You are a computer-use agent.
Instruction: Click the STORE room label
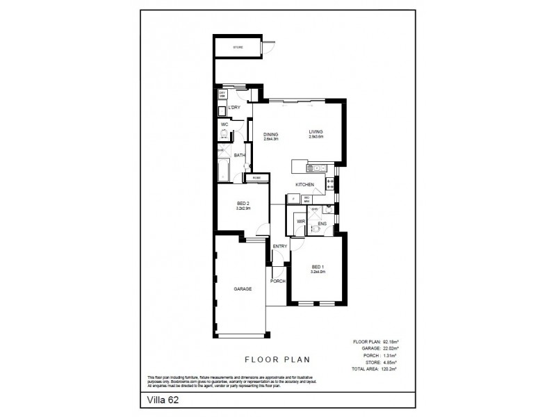click(238, 47)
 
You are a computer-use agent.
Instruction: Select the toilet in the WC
click(224, 137)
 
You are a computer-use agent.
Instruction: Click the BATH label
click(239, 156)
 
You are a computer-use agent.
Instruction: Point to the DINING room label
click(270, 134)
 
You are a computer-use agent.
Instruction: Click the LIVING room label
click(317, 132)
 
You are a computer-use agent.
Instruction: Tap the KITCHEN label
click(305, 184)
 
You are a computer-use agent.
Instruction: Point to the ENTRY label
click(280, 247)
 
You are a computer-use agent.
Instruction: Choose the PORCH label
click(278, 281)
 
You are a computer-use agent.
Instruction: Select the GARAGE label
click(241, 289)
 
